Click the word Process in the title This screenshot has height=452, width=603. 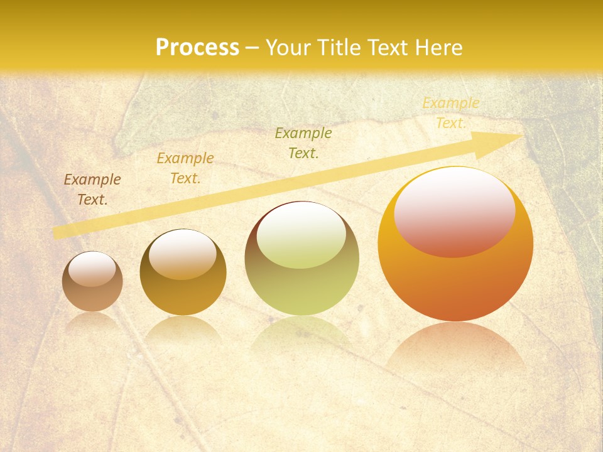[x=197, y=47]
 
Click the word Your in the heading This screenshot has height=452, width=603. [x=288, y=47]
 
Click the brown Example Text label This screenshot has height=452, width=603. [x=92, y=190]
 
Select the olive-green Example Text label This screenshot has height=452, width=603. [x=303, y=143]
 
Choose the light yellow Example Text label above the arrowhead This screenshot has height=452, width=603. [x=450, y=113]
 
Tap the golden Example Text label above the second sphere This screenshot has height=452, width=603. [x=185, y=168]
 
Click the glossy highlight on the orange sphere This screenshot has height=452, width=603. [x=455, y=212]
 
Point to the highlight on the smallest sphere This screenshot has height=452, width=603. [x=92, y=269]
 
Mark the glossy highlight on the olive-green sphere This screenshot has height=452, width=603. [x=301, y=235]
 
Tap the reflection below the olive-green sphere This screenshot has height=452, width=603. [x=301, y=333]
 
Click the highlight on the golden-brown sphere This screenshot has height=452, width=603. [x=183, y=254]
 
